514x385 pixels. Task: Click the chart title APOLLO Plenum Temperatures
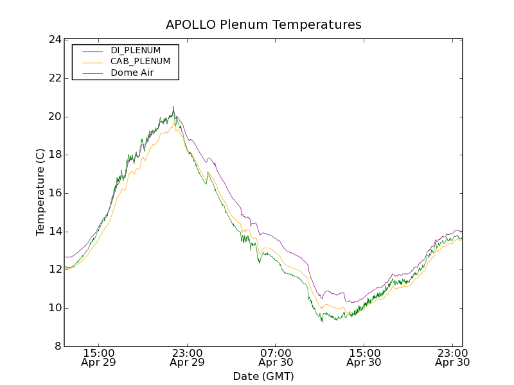(263, 25)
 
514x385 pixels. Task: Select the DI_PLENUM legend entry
(136, 50)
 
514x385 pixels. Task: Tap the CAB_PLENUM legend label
(140, 62)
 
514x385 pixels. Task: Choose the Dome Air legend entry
(132, 73)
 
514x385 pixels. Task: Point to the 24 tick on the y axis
(54, 40)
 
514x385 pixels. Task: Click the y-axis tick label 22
(54, 78)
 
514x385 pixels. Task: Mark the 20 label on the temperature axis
(54, 117)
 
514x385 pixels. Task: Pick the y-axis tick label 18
(54, 155)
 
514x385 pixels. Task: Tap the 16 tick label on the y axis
(54, 193)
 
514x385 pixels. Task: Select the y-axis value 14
(54, 232)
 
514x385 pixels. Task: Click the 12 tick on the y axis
(54, 269)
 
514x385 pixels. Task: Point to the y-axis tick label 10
(54, 308)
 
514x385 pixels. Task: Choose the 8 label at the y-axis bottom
(57, 346)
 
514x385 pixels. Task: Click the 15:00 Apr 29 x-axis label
(98, 357)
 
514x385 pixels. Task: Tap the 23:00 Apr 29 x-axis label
(187, 357)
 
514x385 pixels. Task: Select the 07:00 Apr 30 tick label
(276, 357)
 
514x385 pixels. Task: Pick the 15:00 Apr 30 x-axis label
(364, 357)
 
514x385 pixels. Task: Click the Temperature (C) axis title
(40, 193)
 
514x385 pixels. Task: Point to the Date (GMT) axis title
(263, 376)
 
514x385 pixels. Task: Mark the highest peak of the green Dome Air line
(173, 107)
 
